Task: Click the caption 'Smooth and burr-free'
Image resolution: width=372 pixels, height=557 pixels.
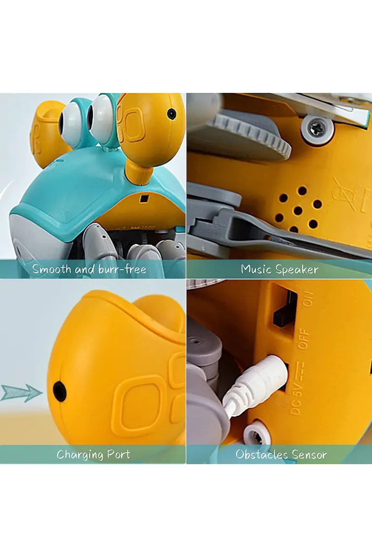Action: click(89, 269)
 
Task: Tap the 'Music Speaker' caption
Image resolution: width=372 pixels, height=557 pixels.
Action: click(279, 269)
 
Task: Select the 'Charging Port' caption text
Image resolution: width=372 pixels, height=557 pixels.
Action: click(93, 454)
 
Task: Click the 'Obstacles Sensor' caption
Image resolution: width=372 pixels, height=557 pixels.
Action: click(281, 454)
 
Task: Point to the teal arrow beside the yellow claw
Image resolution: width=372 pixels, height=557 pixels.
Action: click(20, 392)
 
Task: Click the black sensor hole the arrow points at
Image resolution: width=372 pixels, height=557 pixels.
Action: click(60, 391)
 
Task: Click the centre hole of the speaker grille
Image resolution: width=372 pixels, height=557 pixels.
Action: click(298, 210)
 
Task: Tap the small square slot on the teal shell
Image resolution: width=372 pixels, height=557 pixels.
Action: click(144, 199)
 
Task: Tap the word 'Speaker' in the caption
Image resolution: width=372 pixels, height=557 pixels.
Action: click(297, 269)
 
